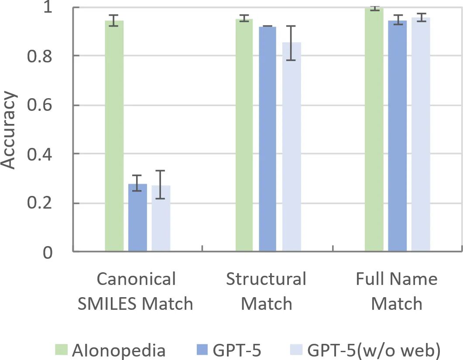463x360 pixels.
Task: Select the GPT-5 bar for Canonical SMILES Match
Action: [137, 218]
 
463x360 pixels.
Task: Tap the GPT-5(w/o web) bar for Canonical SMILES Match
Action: [161, 219]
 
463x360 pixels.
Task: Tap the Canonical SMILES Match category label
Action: [136, 291]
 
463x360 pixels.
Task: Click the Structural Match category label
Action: [266, 291]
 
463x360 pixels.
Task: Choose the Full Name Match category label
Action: [397, 291]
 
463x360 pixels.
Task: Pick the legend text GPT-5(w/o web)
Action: [374, 350]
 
